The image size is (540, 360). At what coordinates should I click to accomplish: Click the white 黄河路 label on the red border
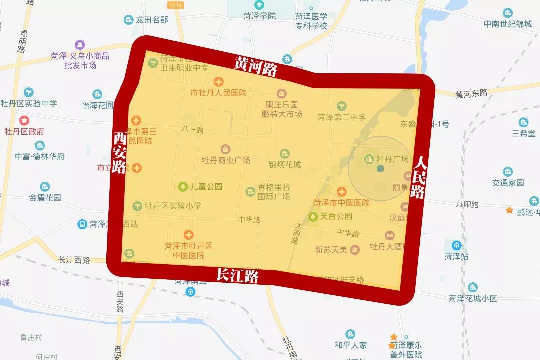[x=256, y=66]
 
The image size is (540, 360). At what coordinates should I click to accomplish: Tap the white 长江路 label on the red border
[x=237, y=275]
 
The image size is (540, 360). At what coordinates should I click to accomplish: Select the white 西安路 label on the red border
[x=119, y=152]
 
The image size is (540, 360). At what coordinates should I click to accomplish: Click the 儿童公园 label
[x=205, y=187]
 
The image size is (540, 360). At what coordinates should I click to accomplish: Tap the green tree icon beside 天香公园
[x=313, y=216]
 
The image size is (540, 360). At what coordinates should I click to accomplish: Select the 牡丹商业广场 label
[x=226, y=160]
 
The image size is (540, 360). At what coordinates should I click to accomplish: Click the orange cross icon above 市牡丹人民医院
[x=218, y=82]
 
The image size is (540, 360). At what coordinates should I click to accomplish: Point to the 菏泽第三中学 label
[x=342, y=117]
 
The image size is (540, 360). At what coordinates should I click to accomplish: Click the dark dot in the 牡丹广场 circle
[x=380, y=169]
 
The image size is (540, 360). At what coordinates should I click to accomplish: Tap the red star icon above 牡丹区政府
[x=24, y=121]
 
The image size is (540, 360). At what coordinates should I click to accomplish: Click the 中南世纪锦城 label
[x=508, y=24]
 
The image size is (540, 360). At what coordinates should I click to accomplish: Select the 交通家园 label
[x=508, y=183]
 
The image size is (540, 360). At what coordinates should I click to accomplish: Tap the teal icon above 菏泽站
[x=456, y=245]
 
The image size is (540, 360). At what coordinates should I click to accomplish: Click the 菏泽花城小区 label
[x=472, y=298]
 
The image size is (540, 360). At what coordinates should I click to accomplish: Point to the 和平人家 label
[x=351, y=345]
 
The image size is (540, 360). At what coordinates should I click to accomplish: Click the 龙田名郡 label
[x=152, y=20]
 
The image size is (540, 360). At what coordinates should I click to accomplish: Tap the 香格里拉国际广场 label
[x=274, y=191]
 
